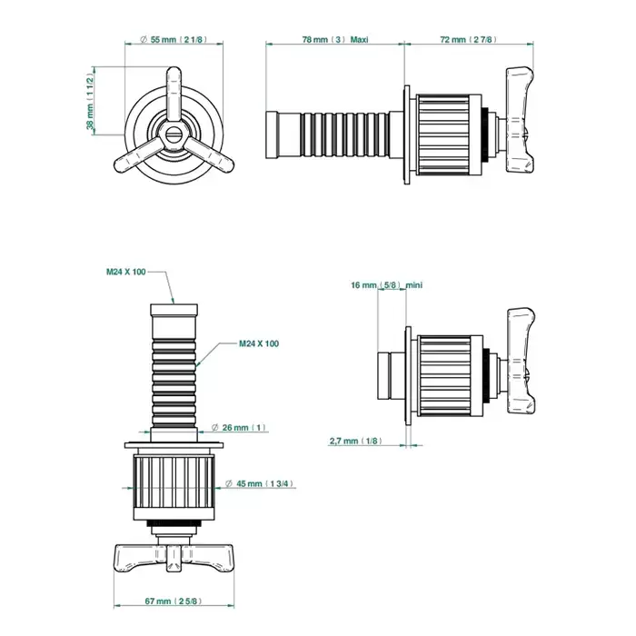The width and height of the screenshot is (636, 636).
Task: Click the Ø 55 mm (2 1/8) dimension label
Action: tap(174, 39)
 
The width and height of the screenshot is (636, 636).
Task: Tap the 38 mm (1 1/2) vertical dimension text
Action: tap(90, 102)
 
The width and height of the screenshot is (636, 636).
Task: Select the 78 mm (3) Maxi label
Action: tap(335, 39)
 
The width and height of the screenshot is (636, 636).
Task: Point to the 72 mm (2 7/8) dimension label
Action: tap(468, 39)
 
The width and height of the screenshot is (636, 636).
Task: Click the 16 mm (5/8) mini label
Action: tap(386, 285)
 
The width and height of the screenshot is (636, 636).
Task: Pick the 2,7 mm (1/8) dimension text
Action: tap(356, 441)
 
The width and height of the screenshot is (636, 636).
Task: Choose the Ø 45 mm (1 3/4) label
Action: tap(259, 483)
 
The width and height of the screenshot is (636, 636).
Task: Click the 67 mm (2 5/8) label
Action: tap(174, 601)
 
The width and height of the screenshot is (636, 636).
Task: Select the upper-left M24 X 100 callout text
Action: tap(125, 272)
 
